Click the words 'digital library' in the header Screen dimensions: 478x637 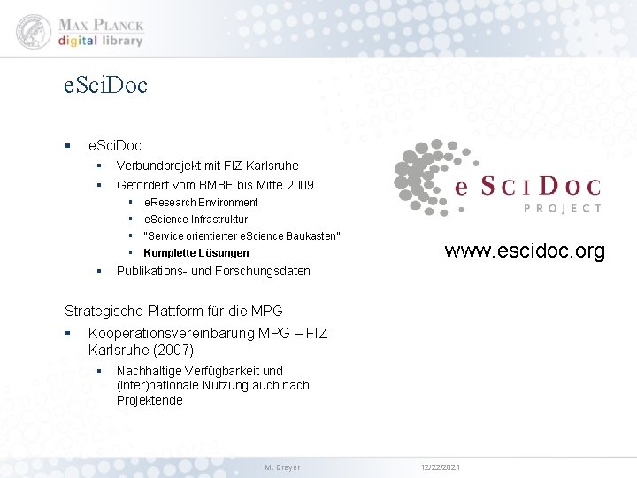coord(101,41)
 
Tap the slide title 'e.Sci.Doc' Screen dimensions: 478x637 coord(106,86)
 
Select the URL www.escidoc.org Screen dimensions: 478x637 coord(525,251)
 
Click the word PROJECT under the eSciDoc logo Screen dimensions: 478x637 coord(563,208)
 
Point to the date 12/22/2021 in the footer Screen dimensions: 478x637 coord(439,467)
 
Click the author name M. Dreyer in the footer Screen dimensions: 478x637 coord(283,467)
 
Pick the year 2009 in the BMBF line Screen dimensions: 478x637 coord(299,185)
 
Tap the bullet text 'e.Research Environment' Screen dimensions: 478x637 coord(201,203)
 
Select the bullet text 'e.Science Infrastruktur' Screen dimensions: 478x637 coord(196,220)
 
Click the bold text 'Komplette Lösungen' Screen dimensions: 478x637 coord(196,253)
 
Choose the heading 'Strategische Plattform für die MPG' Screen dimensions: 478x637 coord(174,311)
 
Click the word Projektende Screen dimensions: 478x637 coord(150,400)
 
